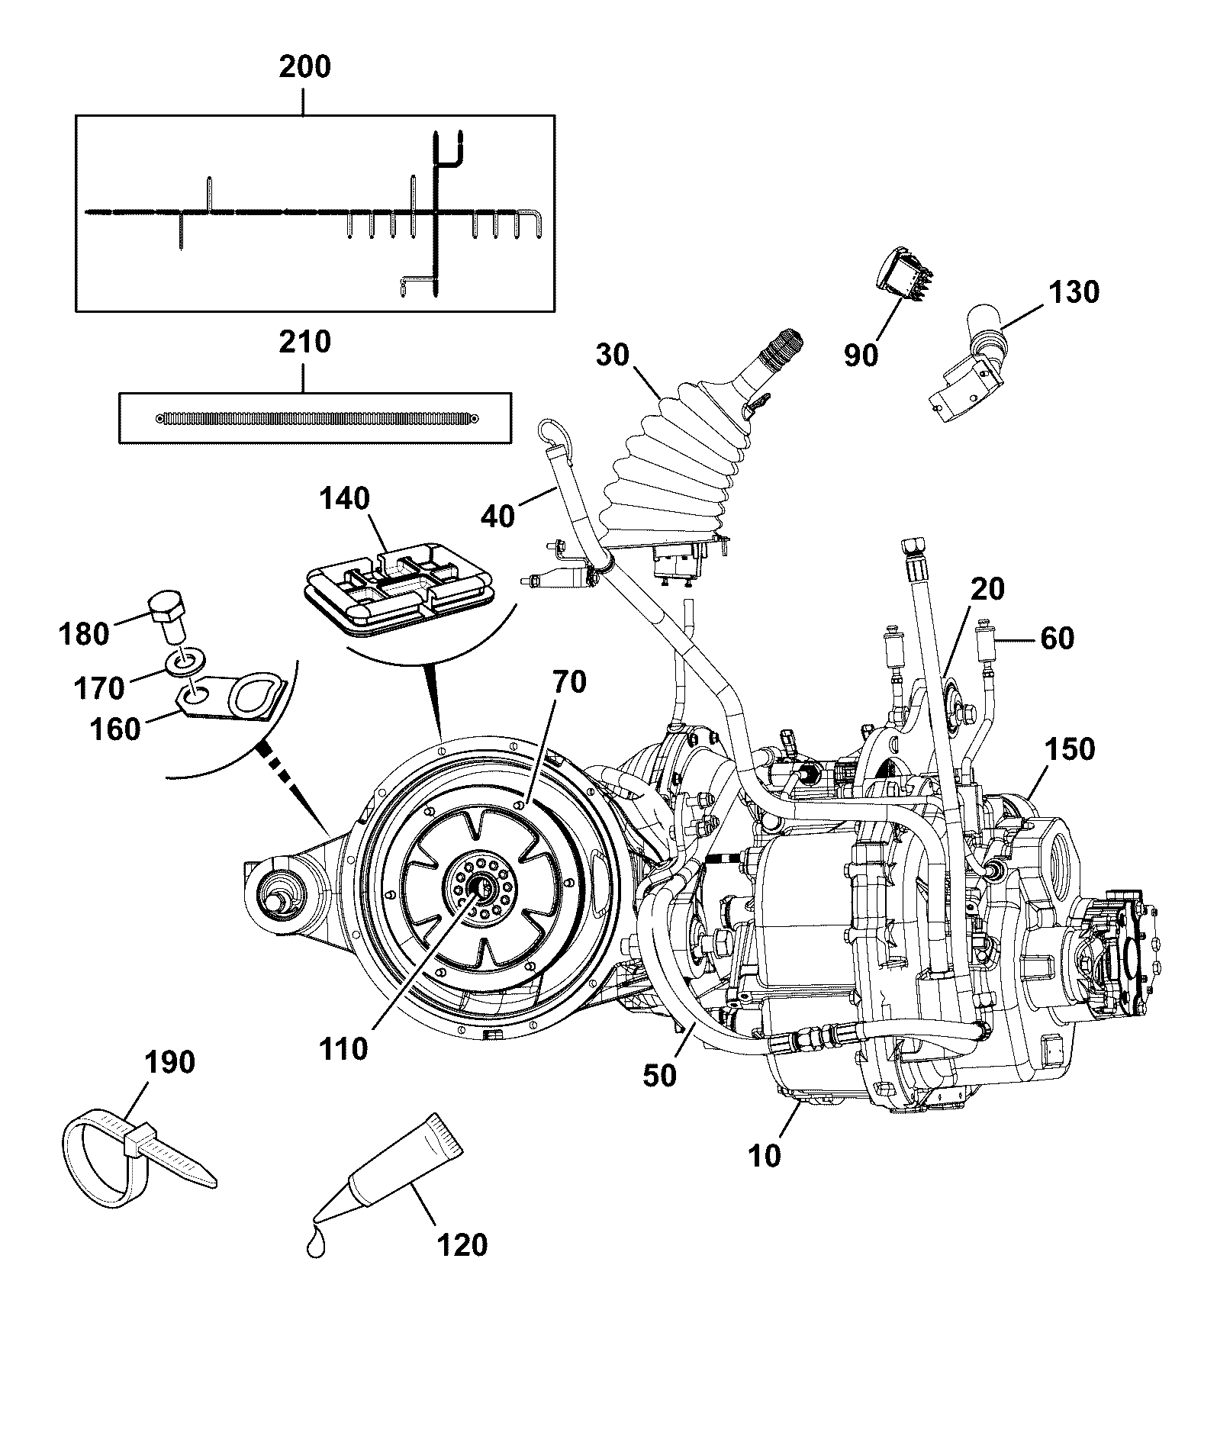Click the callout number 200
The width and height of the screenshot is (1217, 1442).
pos(304,67)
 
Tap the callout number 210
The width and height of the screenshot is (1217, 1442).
pos(304,342)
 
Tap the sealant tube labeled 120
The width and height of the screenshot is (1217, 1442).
pos(389,1176)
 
